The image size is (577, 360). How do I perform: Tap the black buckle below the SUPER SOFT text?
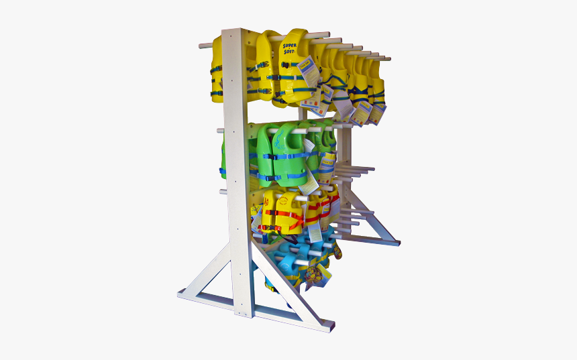point(286,65)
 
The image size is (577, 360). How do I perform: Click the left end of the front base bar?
point(182,294)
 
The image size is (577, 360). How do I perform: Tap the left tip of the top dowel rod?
point(201,46)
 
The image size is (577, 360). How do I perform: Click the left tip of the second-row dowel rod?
point(219,129)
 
